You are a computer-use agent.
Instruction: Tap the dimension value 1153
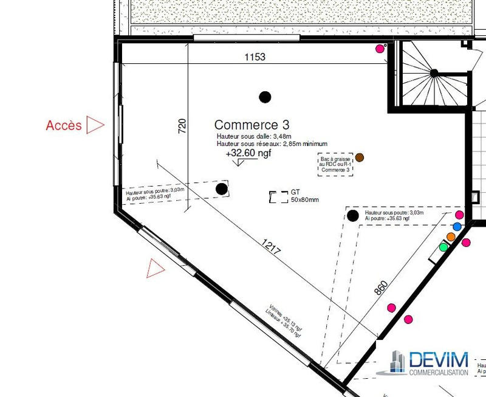click(255, 57)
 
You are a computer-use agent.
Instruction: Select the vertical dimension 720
click(182, 125)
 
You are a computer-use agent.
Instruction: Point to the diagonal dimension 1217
click(272, 246)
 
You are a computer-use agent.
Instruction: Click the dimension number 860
click(380, 288)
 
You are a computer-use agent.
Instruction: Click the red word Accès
click(63, 125)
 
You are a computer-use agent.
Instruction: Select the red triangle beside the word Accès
click(94, 125)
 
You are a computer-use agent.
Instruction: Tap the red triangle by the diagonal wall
click(156, 268)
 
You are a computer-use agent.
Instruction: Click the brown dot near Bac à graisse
click(360, 157)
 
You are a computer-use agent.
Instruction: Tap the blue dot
click(457, 226)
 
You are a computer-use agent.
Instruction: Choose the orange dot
click(451, 236)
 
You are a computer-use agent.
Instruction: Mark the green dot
click(443, 247)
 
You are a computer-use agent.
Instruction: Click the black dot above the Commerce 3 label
click(264, 96)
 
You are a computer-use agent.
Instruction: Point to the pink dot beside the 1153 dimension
click(380, 48)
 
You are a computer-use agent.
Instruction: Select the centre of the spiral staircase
click(434, 72)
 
